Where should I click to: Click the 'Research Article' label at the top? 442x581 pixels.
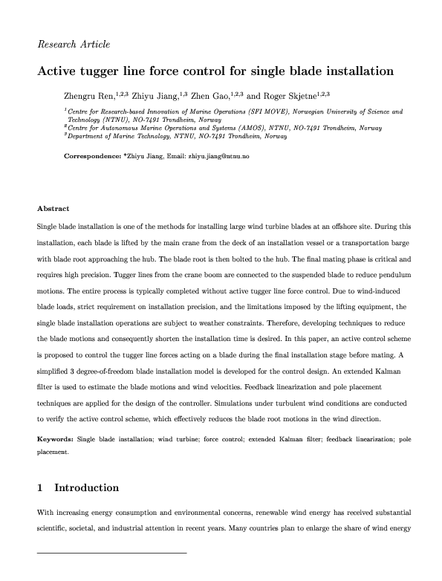point(74,44)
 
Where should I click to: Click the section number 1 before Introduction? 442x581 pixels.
point(40,488)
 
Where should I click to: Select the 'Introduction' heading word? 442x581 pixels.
point(87,488)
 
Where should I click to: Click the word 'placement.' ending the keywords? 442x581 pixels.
point(53,451)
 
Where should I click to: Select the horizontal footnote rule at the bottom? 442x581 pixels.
point(111,554)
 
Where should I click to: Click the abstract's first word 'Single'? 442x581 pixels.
point(48,225)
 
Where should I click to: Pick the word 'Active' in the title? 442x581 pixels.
point(56,73)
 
